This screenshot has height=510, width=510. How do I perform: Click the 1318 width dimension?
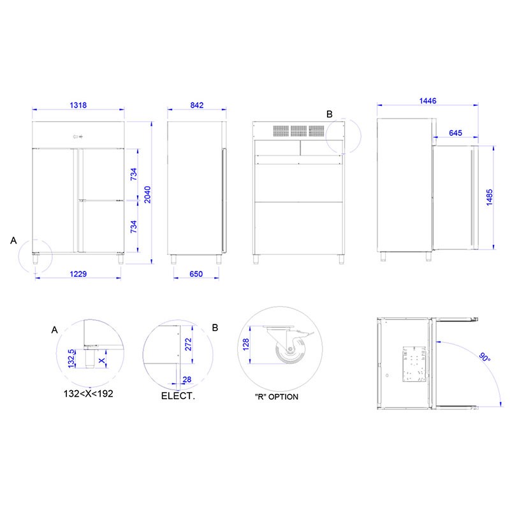tap(78, 105)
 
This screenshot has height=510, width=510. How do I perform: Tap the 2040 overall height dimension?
tap(147, 194)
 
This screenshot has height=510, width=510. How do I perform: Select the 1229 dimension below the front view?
tap(78, 274)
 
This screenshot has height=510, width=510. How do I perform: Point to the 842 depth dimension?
tap(197, 105)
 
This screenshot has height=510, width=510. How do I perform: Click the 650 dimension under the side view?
tap(196, 274)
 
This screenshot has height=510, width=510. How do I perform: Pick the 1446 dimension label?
tap(428, 101)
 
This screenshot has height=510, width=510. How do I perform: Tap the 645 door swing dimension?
tap(455, 133)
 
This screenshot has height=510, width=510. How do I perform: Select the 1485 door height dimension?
tap(490, 198)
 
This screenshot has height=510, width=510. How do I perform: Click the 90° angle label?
tap(484, 357)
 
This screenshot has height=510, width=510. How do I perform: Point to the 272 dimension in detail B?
tap(188, 344)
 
